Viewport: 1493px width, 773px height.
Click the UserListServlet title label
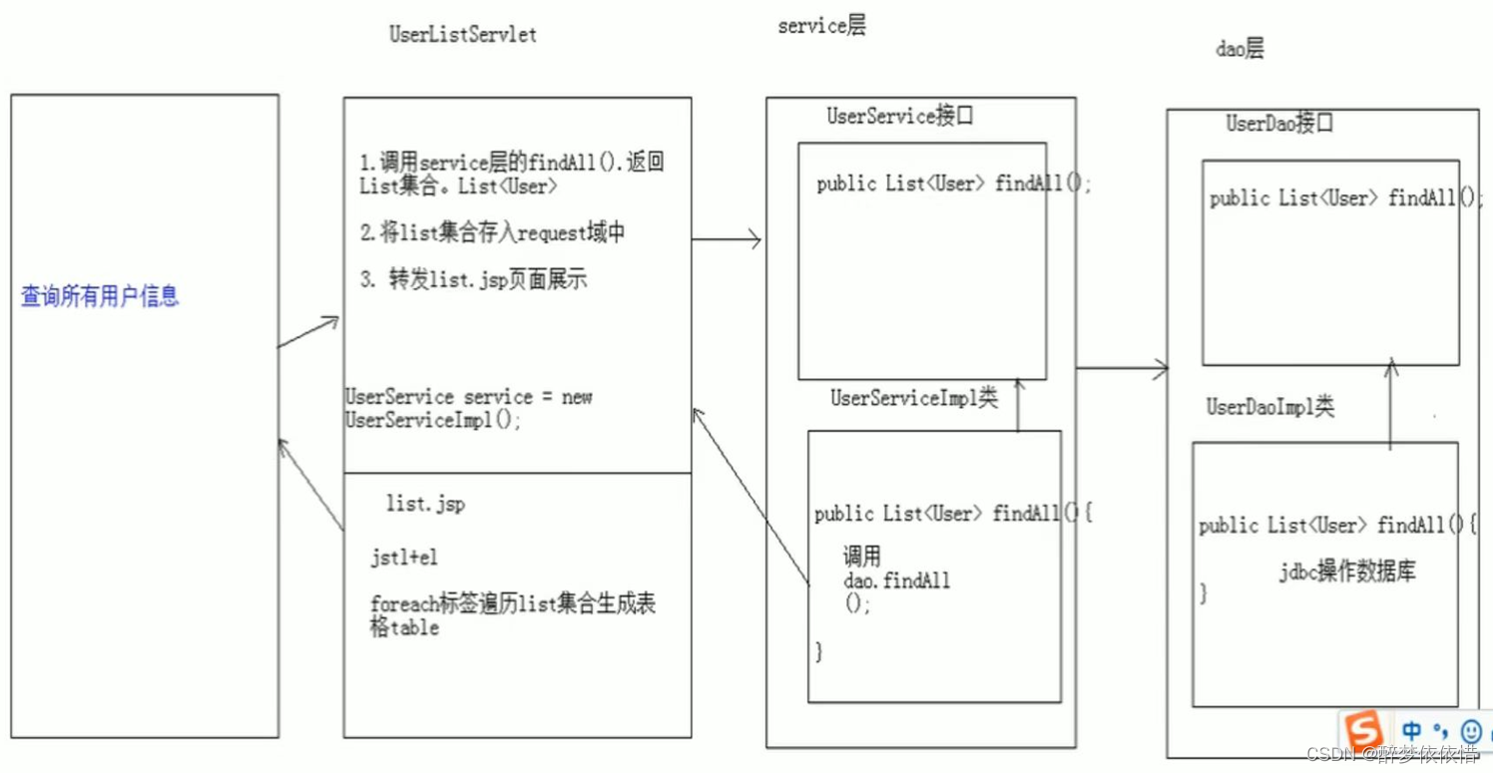462,34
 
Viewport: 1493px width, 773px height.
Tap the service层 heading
821,27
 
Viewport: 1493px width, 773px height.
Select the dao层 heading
1240,49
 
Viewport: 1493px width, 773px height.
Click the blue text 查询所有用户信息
100,296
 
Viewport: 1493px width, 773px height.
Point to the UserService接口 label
900,116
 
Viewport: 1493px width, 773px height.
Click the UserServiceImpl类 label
914,398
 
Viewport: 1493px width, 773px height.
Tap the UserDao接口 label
1279,124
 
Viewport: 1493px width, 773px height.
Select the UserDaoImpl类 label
1269,407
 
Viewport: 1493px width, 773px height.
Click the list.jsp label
425,505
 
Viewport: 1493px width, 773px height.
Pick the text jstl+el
404,558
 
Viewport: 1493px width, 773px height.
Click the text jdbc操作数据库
1347,572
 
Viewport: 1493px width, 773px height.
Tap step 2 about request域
493,233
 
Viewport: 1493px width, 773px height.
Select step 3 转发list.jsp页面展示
474,279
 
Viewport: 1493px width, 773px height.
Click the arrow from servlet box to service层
727,239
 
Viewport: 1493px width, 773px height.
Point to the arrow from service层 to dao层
1122,368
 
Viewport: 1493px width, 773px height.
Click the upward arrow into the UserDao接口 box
1391,404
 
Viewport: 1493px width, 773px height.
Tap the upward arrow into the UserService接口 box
1018,404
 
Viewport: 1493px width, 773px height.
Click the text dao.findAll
897,580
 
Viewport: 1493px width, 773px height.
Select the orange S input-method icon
1362,729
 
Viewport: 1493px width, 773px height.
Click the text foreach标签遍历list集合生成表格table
512,615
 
